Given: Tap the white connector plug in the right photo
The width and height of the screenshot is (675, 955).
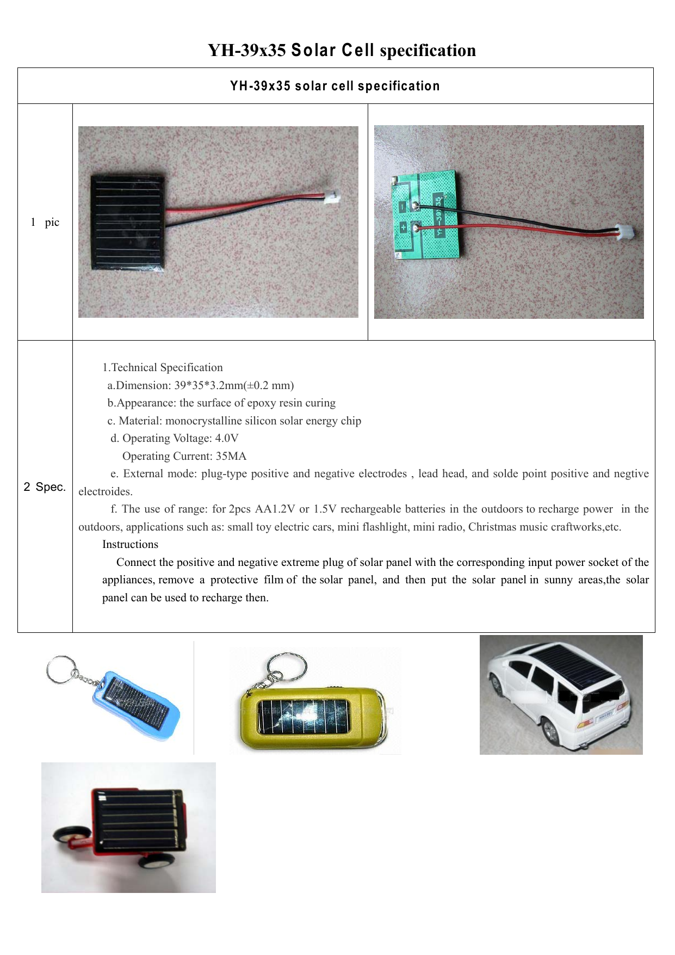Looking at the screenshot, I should pyautogui.click(x=626, y=232).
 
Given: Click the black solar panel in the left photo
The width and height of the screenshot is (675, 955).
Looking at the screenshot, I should pyautogui.click(x=128, y=221).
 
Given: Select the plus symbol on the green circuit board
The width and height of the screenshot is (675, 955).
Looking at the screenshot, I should pyautogui.click(x=404, y=227).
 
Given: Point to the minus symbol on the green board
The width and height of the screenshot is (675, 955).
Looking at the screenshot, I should pyautogui.click(x=402, y=207).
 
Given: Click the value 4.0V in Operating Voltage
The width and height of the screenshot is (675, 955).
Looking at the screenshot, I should pyautogui.click(x=227, y=439).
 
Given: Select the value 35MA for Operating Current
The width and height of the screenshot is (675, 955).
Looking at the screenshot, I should pyautogui.click(x=231, y=457).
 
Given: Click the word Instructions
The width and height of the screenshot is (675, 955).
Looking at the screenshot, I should pyautogui.click(x=130, y=545).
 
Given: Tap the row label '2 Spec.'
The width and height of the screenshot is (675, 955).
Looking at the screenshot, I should pyautogui.click(x=45, y=487).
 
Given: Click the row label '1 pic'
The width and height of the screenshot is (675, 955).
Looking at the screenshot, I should pyautogui.click(x=45, y=222).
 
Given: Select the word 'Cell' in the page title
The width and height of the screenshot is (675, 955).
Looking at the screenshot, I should pyautogui.click(x=358, y=50).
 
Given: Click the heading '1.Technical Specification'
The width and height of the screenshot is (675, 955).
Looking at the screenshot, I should pyautogui.click(x=163, y=368).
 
